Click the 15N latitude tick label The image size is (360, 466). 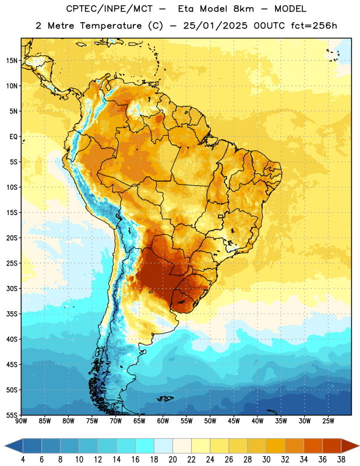[12, 61]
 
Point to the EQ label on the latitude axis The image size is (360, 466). [13, 137]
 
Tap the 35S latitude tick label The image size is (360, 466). [12, 314]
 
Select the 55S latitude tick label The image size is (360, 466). [12, 415]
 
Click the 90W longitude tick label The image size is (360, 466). [21, 421]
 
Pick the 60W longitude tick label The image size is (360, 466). [163, 421]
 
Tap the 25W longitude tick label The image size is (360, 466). [328, 421]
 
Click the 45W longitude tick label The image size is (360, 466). [234, 421]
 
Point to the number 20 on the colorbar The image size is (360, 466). [172, 460]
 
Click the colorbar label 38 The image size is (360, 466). [341, 460]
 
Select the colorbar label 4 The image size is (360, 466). [23, 460]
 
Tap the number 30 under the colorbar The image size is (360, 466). [266, 460]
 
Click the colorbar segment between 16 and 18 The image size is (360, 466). [145, 446]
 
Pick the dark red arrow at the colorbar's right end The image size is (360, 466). [350, 446]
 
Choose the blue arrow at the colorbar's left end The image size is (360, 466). [14, 446]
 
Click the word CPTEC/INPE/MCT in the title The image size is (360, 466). [109, 9]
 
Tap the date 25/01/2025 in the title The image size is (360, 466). [215, 26]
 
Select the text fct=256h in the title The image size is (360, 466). [314, 26]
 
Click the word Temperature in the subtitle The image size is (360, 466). [111, 26]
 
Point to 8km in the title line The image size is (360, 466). [243, 9]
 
